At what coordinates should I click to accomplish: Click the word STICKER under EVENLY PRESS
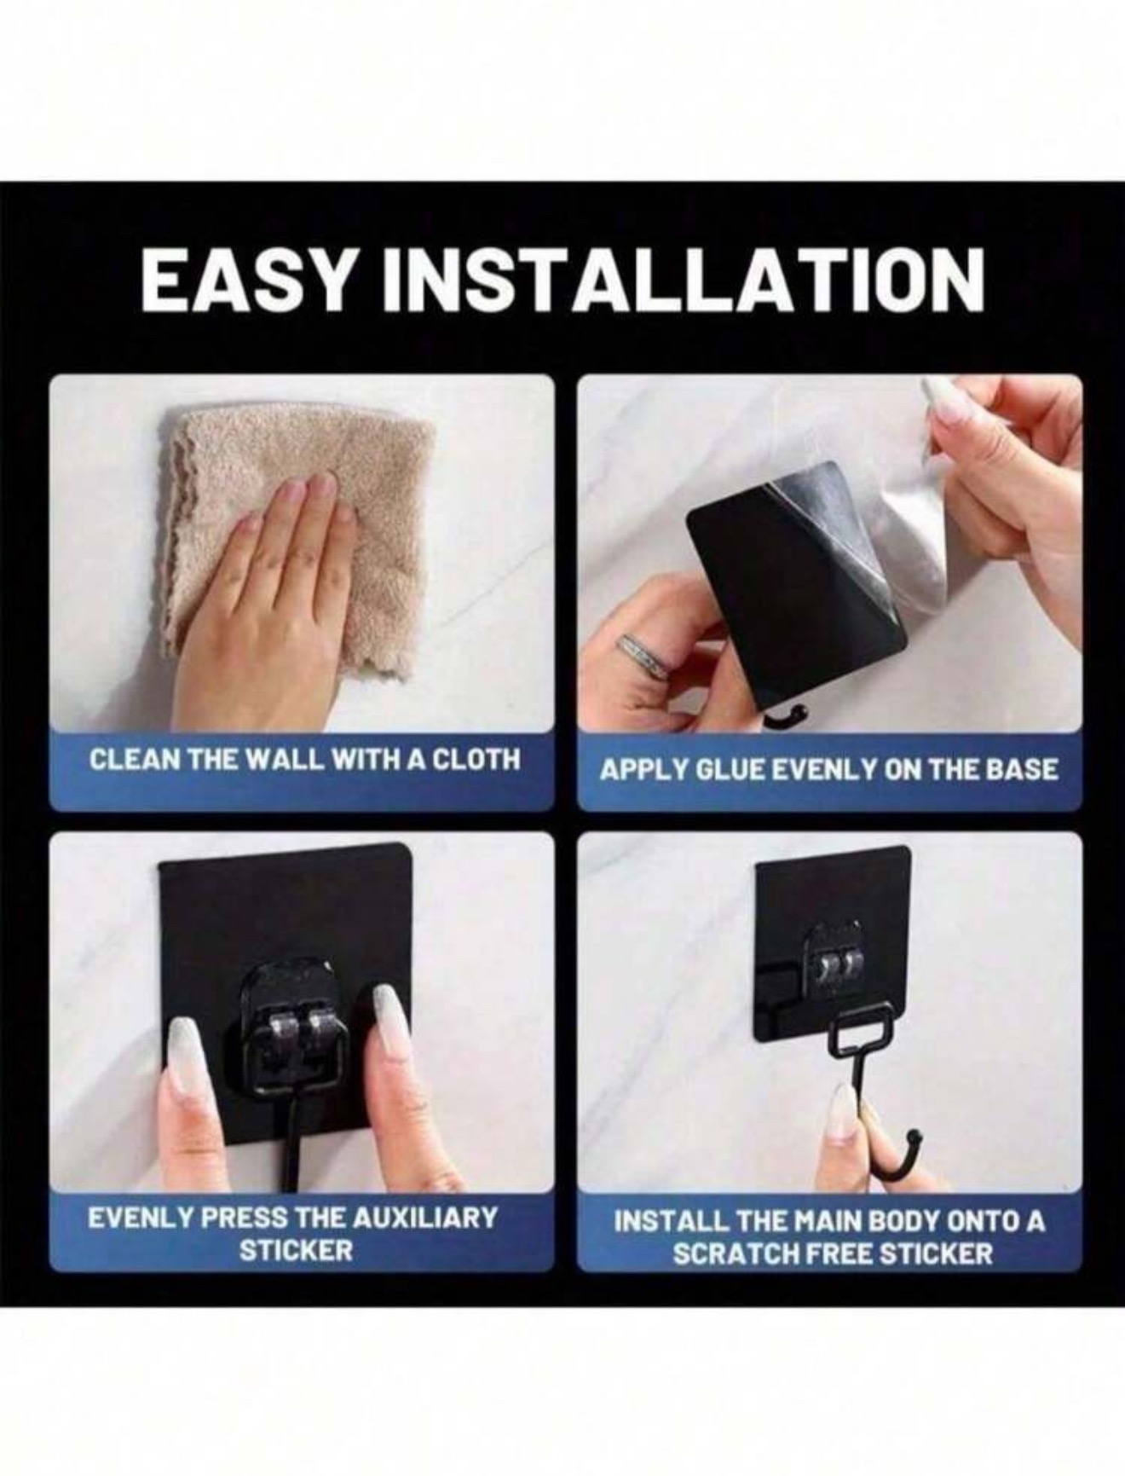pyautogui.click(x=296, y=1251)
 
